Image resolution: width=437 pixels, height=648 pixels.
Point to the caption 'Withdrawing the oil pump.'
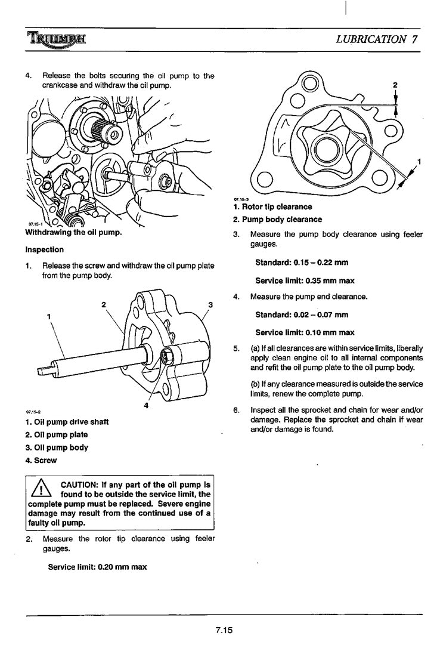point(74,233)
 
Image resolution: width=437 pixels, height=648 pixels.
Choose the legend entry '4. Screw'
point(41,460)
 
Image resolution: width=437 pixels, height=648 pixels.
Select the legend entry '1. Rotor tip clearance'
point(272,206)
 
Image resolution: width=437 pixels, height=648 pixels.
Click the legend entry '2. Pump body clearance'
point(277,219)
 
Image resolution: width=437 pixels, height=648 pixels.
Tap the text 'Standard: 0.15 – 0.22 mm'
point(302,263)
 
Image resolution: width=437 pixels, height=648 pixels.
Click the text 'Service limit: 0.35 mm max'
point(305,280)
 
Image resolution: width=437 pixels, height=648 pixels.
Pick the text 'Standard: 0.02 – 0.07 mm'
point(302,314)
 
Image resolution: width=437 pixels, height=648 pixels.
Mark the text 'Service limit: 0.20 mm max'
point(97,567)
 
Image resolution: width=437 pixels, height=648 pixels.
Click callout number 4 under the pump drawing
point(146,406)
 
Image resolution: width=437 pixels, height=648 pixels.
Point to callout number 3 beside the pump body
point(210,306)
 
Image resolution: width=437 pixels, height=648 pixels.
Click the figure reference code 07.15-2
point(32,412)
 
